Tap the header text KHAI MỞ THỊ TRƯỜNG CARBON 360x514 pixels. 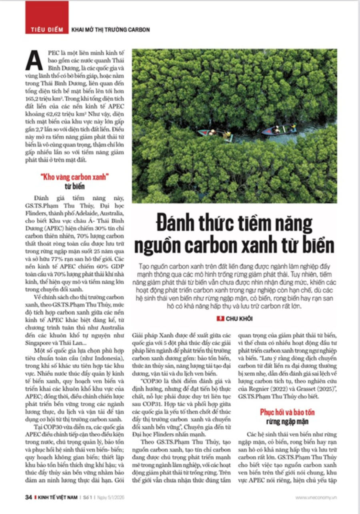pyautogui.click(x=111, y=30)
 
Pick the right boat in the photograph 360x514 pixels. pyautogui.click(x=279, y=129)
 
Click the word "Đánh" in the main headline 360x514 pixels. pyautogui.click(x=178, y=224)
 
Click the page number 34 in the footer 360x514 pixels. pyautogui.click(x=28, y=497)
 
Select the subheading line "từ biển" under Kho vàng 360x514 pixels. pyautogui.click(x=75, y=186)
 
